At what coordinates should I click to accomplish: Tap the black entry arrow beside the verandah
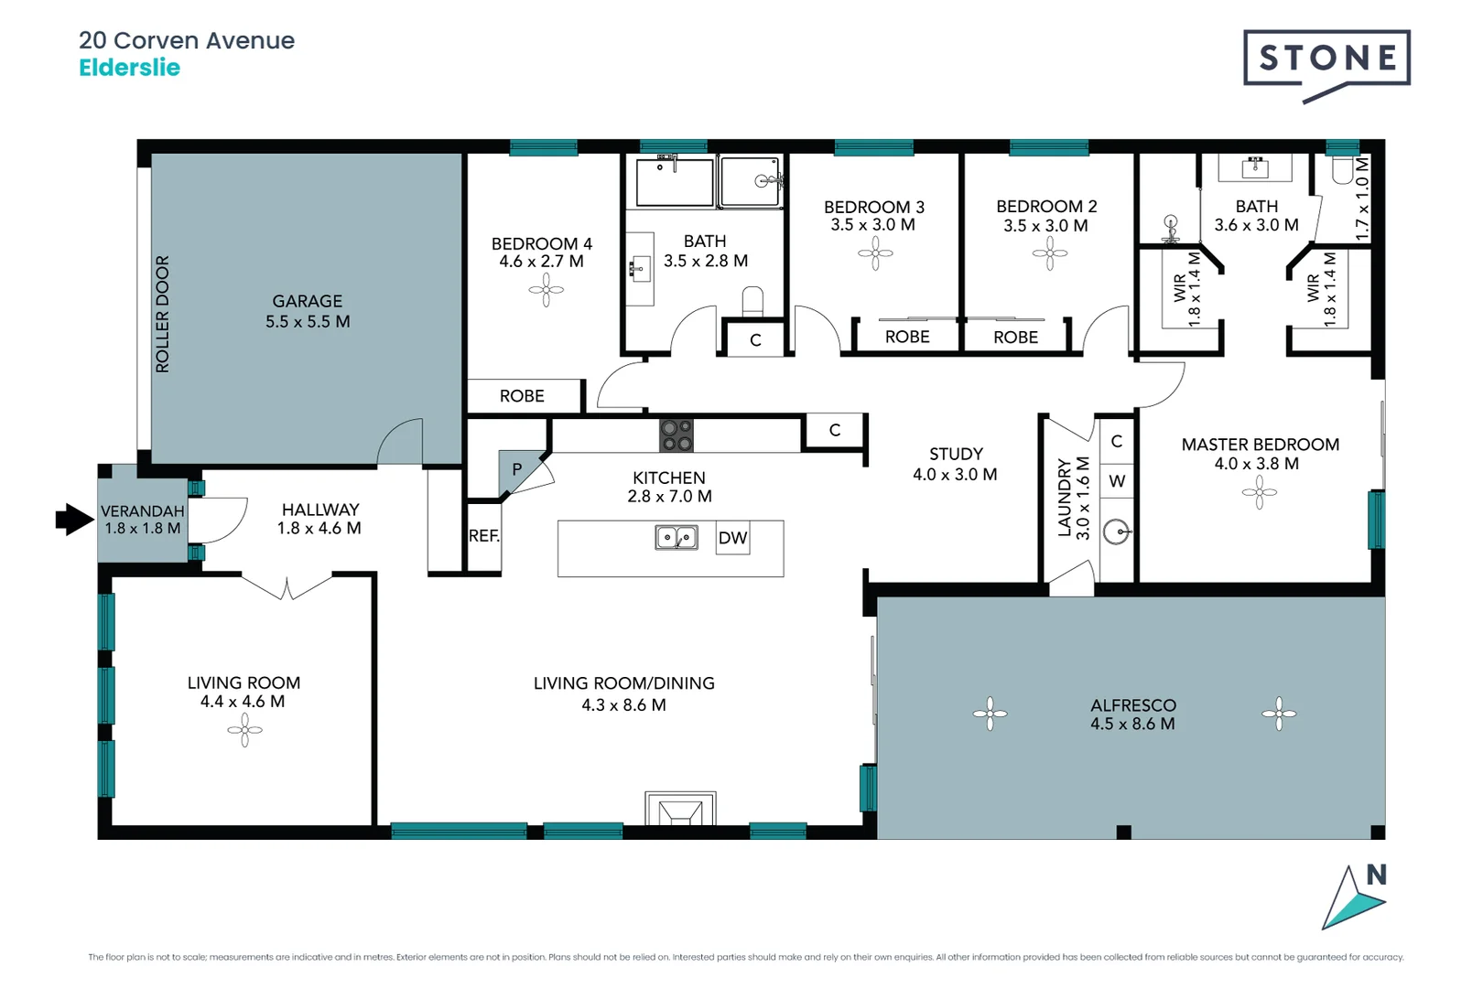click(74, 520)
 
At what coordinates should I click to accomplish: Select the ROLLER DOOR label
click(163, 314)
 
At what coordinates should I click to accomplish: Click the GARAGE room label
click(308, 301)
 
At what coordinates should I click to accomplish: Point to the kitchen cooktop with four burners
click(677, 435)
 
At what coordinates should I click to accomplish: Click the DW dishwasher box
click(732, 538)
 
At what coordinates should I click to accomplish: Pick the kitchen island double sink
click(677, 537)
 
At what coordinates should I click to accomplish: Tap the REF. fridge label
click(483, 536)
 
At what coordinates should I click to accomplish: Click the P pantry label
click(516, 469)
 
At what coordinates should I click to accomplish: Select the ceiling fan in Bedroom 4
click(547, 290)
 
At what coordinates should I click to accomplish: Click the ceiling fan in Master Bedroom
click(1260, 493)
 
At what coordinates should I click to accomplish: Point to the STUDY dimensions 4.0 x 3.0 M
click(955, 475)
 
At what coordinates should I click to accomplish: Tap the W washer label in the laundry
click(1117, 481)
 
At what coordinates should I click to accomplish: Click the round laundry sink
click(1116, 532)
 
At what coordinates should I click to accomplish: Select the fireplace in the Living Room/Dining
click(680, 810)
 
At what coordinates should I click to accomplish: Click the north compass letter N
click(1376, 875)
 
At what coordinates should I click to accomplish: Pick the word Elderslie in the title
click(129, 68)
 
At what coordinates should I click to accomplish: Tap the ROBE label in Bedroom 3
click(907, 337)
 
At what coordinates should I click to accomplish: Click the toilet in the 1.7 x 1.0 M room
click(1343, 170)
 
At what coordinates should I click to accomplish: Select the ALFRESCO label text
click(1132, 705)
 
